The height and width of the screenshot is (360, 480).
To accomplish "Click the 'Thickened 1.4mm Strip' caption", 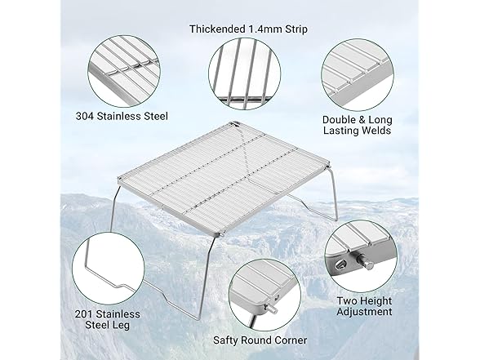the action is pos(248,29).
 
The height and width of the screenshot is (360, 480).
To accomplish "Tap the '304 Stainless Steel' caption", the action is pos(122,116).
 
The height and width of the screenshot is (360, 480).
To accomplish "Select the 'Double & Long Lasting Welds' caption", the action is pos(358,125).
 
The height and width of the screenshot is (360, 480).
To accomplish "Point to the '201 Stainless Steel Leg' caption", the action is pos(108,319).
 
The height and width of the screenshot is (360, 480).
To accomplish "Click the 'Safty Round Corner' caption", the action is pos(260,340).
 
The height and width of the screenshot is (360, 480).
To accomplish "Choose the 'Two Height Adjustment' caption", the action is pos(364,306).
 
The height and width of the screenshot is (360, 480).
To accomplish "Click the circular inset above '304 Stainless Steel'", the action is pos(124,71).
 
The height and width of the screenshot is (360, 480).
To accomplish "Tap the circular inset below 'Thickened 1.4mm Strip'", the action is pos(245,73).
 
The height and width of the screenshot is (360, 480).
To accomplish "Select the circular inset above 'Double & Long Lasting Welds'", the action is pos(358,75).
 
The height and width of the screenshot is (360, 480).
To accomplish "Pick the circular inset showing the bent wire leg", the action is pos(108,268).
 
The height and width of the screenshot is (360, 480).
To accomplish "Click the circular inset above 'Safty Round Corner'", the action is pos(264,295).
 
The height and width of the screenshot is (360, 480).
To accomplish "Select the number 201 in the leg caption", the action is pos(83,314).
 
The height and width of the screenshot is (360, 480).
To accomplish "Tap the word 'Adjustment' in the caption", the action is pos(364,312).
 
